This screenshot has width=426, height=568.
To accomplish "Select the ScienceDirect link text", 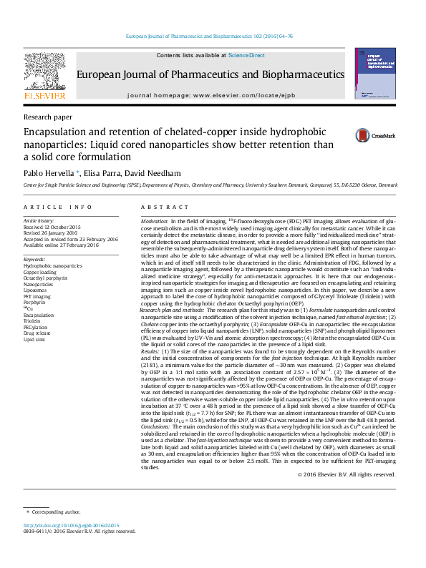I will [246, 55].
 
